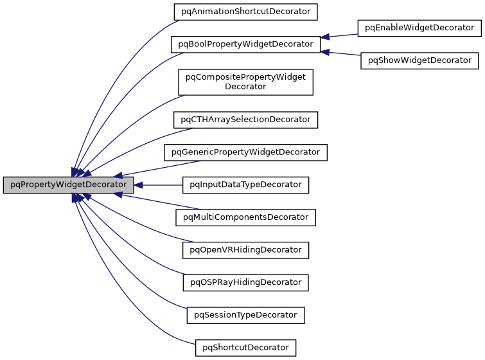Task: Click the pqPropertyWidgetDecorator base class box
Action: [68, 185]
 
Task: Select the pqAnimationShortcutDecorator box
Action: [246, 11]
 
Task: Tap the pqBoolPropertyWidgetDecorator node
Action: [245, 44]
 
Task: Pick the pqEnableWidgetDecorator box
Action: [419, 28]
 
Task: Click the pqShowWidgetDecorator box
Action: [419, 60]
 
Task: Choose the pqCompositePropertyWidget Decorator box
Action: [245, 82]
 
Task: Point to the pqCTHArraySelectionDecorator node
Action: [246, 120]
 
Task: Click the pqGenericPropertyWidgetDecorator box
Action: [246, 152]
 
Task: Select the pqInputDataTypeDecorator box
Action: [246, 184]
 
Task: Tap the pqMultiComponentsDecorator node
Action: [246, 217]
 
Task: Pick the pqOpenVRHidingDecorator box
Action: [246, 249]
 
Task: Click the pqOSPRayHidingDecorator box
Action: [246, 282]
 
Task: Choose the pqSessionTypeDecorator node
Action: [245, 315]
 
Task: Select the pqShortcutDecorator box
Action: [245, 348]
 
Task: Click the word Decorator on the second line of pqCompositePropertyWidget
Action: [245, 87]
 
